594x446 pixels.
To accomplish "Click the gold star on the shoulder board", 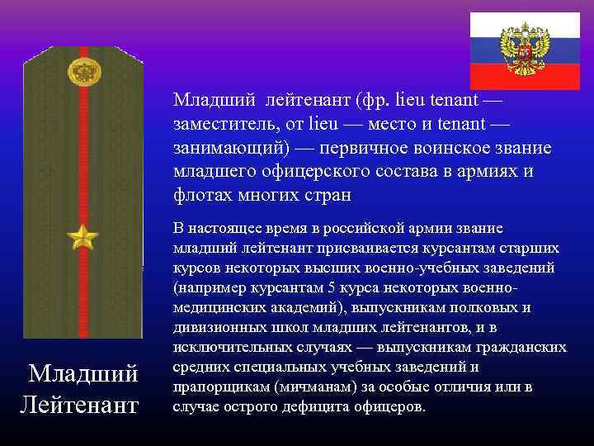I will (x=82, y=239).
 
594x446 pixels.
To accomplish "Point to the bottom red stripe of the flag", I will (x=524, y=78).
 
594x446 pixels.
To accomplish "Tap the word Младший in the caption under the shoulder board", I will (x=83, y=374).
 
